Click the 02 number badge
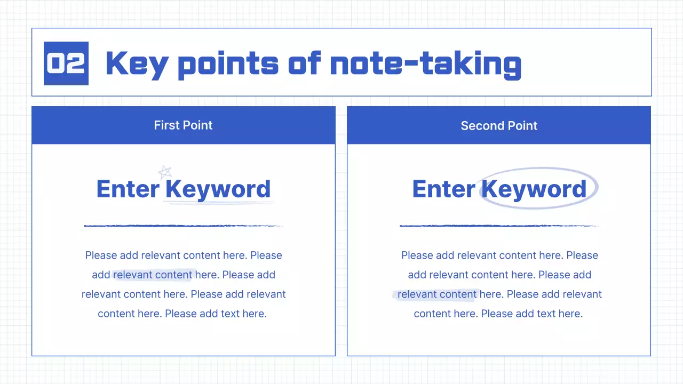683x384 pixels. pos(66,63)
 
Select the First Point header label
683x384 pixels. pos(183,125)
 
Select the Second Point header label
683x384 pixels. pos(499,126)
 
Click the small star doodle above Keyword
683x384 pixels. pos(165,172)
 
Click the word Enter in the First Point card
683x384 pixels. pos(128,189)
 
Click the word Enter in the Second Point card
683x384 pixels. pos(443,189)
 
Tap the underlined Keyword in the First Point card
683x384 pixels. pos(218,189)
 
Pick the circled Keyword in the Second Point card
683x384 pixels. pos(534,189)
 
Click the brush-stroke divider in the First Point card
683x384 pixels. pos(183,226)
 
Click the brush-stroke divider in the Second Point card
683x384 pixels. pos(499,226)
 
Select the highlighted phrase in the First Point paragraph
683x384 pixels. pos(153,275)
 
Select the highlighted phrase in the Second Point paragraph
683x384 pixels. pos(437,294)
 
